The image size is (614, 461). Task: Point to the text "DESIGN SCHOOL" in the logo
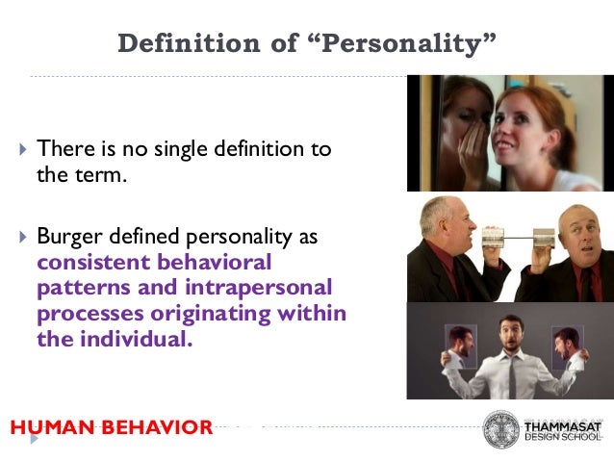pos(563,438)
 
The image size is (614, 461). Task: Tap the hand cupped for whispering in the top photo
pos(478,147)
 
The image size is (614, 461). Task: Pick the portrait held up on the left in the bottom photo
pos(462,343)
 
